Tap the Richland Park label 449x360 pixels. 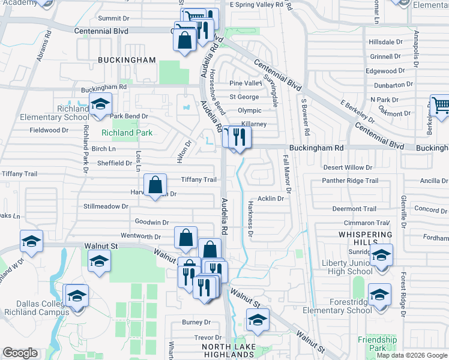click(x=127, y=133)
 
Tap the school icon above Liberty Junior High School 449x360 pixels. click(x=381, y=254)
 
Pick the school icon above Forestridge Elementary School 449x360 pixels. click(x=379, y=295)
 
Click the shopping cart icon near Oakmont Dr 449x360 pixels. click(x=441, y=106)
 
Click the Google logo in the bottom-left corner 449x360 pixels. click(x=20, y=353)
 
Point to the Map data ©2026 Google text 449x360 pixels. click(x=412, y=355)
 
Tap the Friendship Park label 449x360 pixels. click(x=377, y=344)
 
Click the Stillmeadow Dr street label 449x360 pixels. click(x=106, y=206)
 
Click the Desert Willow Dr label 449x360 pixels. click(x=348, y=167)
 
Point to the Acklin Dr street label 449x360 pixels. click(x=270, y=199)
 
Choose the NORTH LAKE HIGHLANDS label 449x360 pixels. click(x=232, y=352)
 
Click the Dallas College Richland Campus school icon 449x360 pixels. click(x=77, y=296)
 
